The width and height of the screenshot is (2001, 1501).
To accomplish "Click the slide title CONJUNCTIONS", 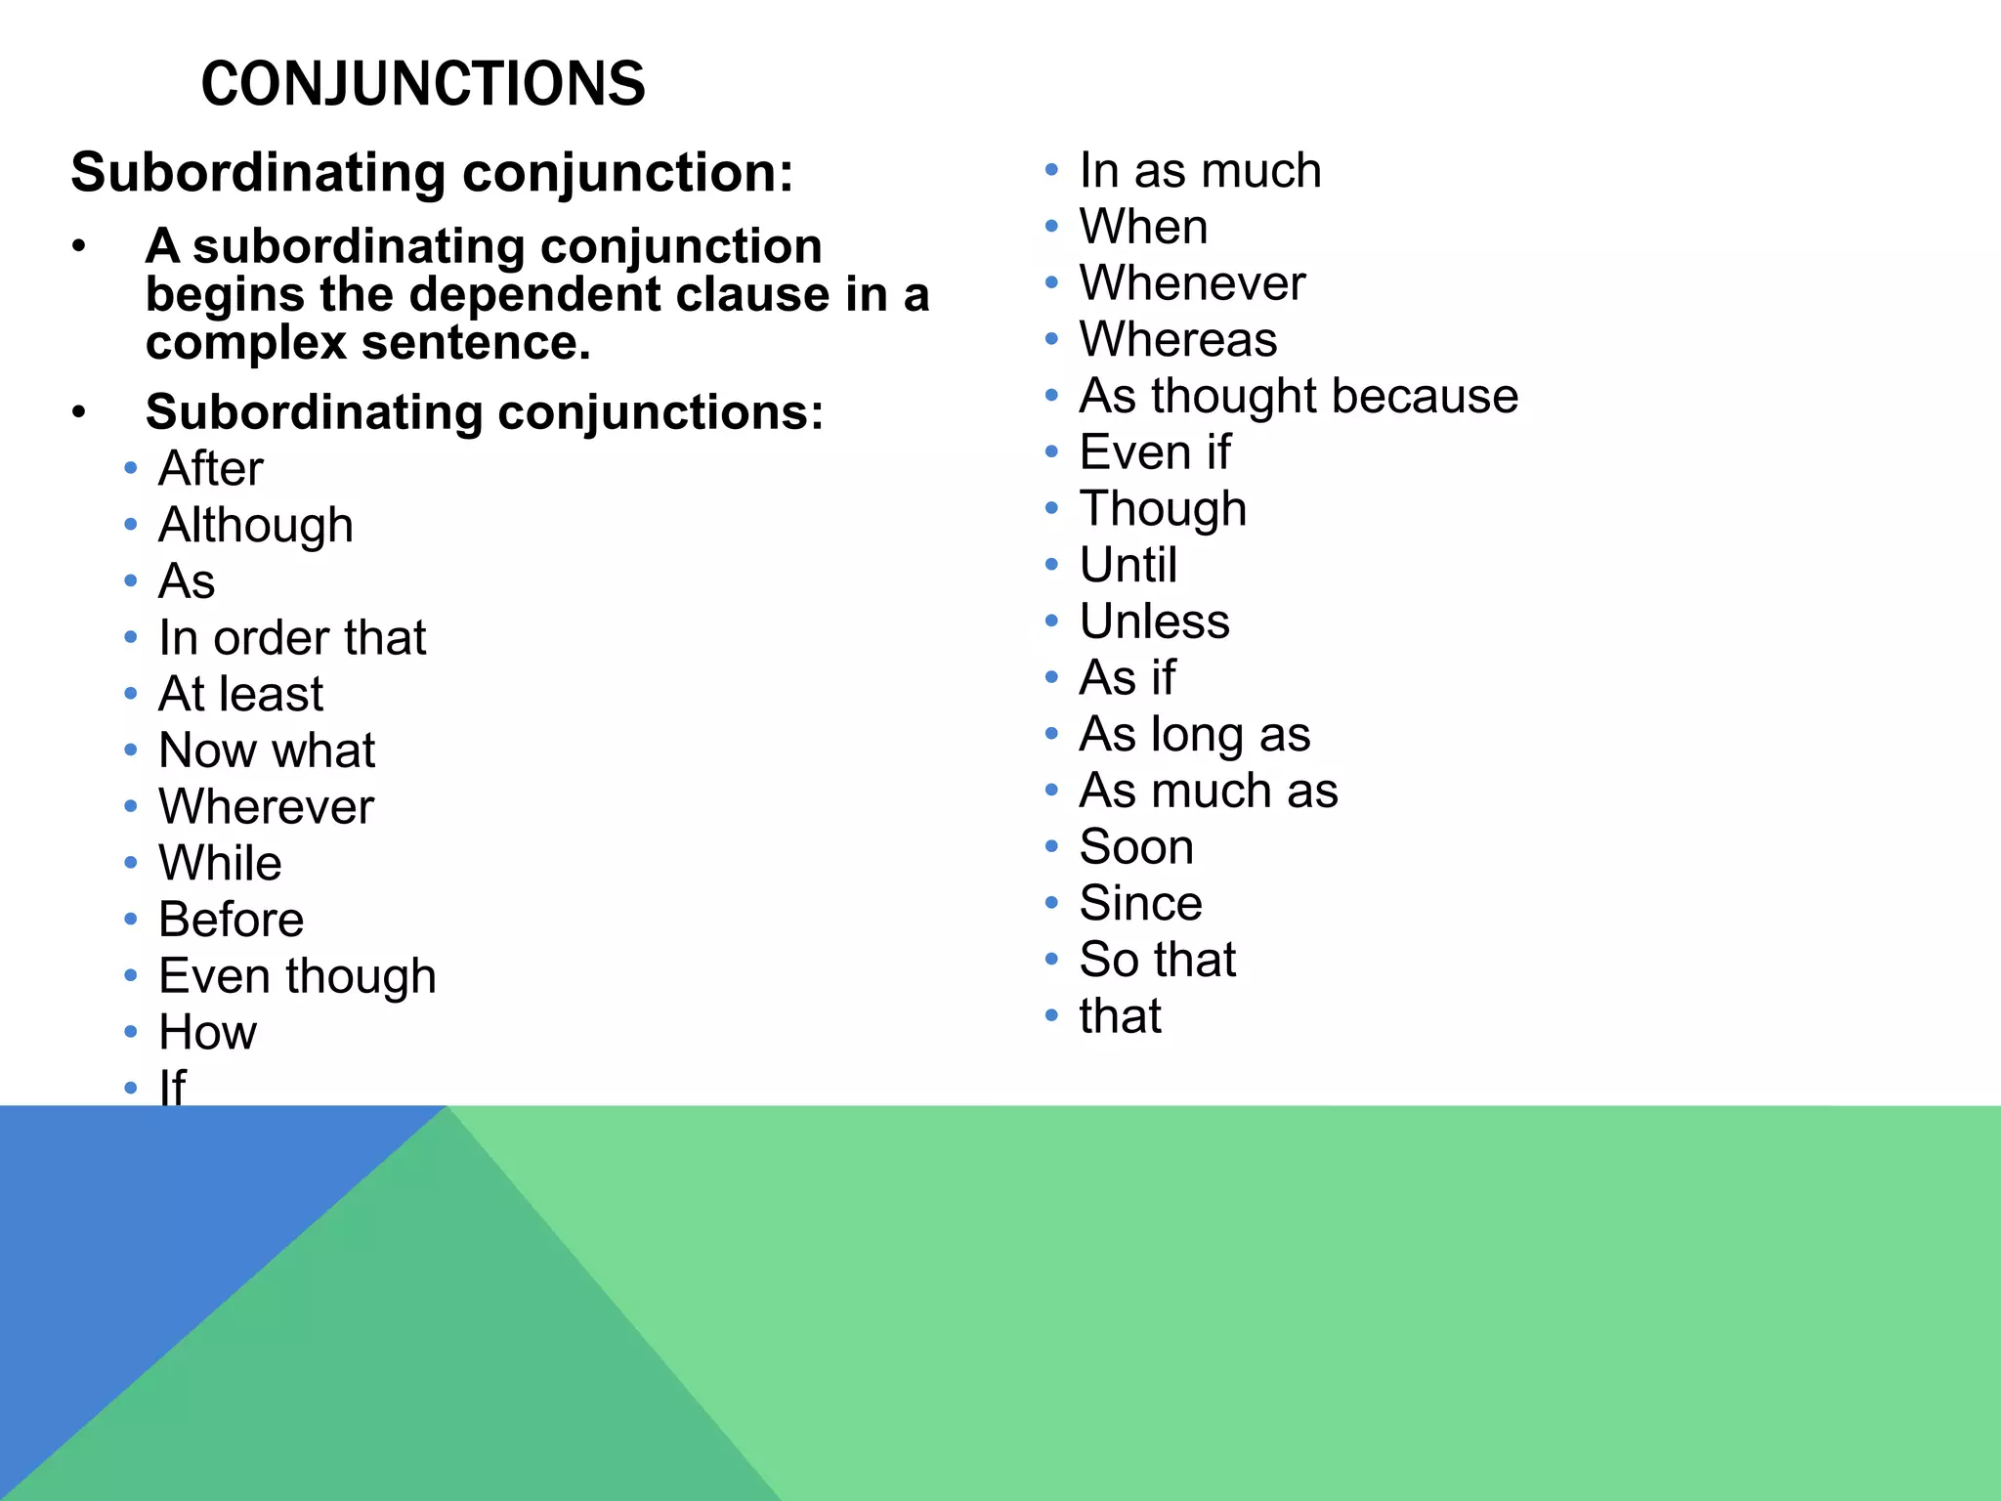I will [422, 84].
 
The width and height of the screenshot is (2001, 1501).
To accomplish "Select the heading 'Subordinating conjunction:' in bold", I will [432, 173].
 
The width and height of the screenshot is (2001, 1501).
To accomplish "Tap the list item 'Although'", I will [256, 526].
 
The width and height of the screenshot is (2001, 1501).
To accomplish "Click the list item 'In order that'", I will [292, 638].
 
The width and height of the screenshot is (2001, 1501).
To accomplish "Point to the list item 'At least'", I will [240, 695].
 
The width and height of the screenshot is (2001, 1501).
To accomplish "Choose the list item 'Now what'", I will [267, 750].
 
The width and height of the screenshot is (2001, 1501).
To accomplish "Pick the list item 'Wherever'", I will [266, 807].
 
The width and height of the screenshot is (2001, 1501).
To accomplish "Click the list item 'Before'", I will [232, 920].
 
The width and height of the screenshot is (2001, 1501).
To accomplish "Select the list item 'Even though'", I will [297, 976].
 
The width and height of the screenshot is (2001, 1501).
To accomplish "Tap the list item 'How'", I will [208, 1033].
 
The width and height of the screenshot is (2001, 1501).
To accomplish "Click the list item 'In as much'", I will [1200, 171].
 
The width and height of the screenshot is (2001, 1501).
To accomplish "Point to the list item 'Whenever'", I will [1192, 283].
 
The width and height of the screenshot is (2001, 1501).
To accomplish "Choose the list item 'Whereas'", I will [1178, 340].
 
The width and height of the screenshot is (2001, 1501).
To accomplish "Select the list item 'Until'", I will [1128, 565].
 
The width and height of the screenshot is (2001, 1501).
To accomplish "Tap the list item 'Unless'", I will [1154, 622].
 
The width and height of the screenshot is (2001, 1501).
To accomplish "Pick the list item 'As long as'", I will [1194, 735].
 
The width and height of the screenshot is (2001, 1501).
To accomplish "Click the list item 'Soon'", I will [1136, 847].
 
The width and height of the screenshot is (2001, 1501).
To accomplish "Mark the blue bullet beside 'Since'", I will [1051, 903].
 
